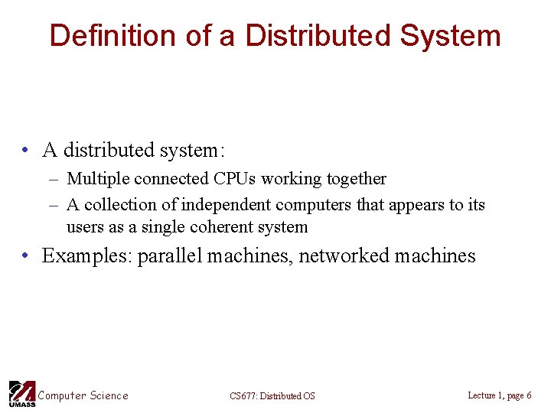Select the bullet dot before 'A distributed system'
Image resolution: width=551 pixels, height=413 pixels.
point(26,151)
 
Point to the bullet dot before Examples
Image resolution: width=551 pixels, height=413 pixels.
point(26,256)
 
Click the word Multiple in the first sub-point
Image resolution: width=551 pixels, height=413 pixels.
point(98,179)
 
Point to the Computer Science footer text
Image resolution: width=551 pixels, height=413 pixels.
point(83,395)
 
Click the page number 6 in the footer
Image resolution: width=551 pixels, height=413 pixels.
point(529,395)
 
